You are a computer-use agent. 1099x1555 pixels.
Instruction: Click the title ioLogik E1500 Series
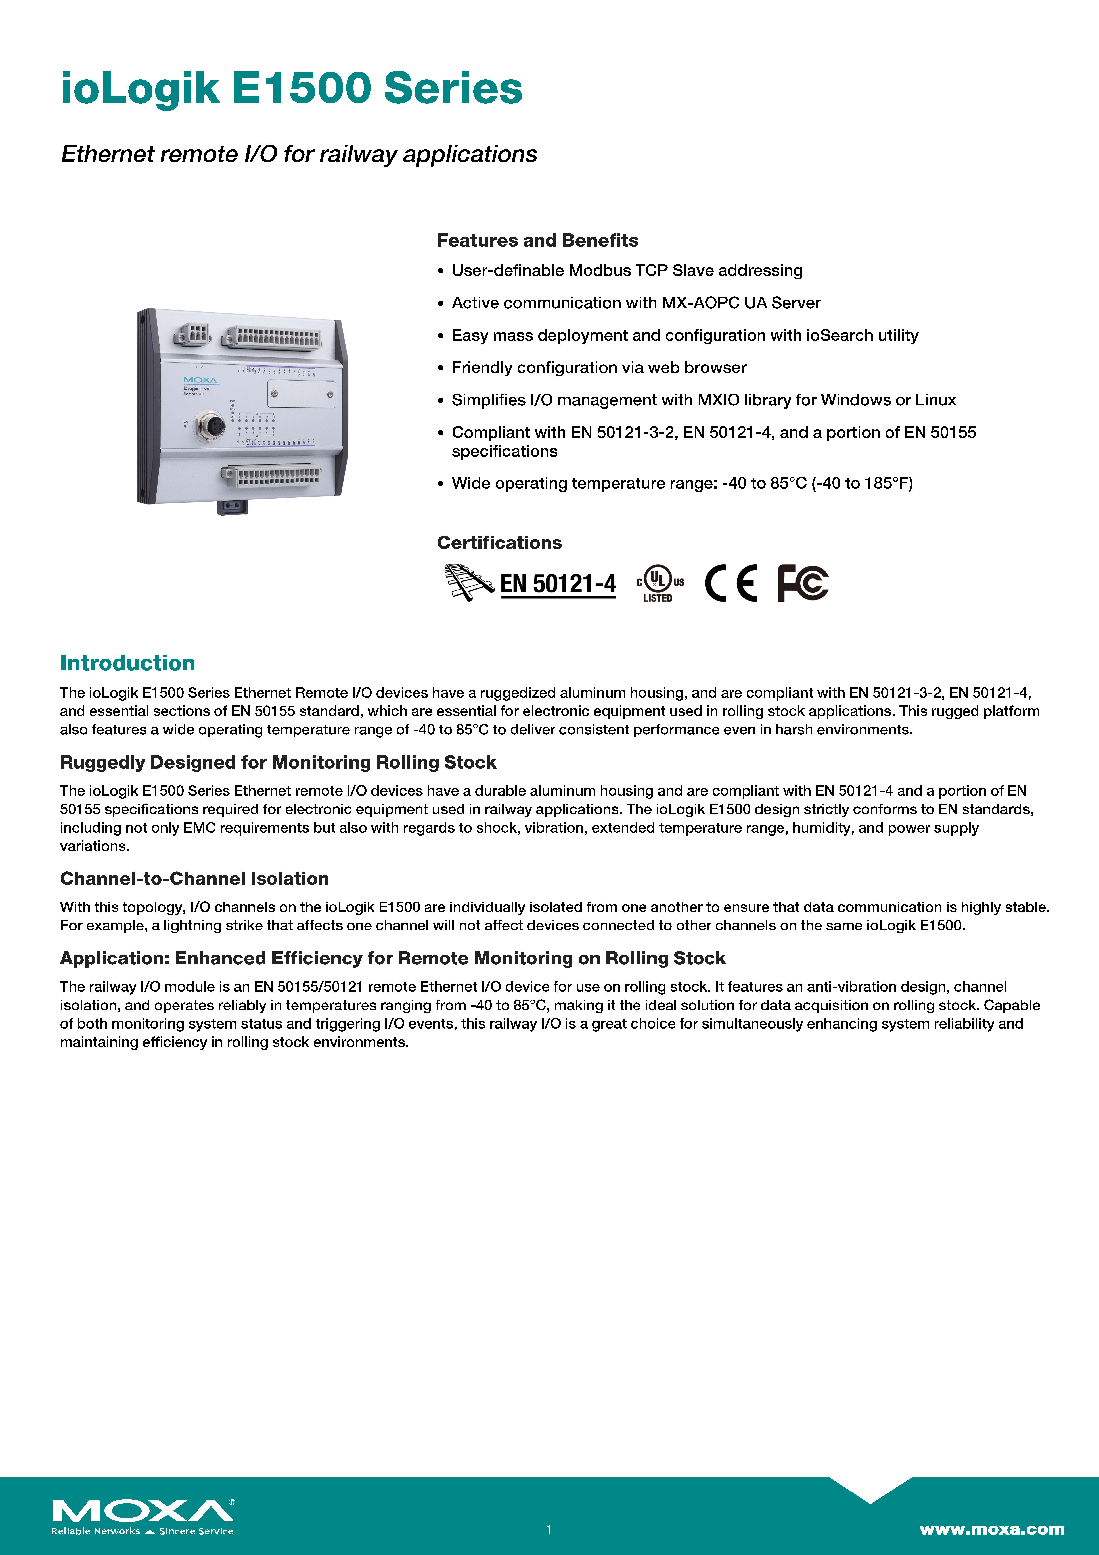[291, 89]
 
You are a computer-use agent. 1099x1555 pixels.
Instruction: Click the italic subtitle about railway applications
[299, 154]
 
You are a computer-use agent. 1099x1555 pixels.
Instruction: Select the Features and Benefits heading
[537, 240]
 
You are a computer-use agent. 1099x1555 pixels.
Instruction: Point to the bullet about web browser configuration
[599, 368]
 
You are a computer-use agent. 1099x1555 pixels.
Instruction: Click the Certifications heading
[499, 542]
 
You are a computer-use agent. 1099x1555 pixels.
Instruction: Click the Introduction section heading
[127, 663]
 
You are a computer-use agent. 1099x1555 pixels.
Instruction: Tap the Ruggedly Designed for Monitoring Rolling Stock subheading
[278, 763]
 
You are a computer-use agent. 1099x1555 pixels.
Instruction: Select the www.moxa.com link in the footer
[991, 1529]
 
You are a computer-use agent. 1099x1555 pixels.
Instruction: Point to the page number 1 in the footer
[549, 1529]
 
